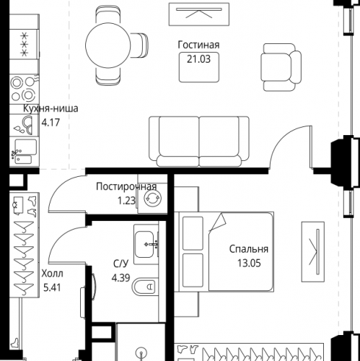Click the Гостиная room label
pyautogui.click(x=198, y=45)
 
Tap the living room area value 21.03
pyautogui.click(x=198, y=59)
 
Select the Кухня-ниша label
pyautogui.click(x=51, y=108)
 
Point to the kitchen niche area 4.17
pyautogui.click(x=51, y=123)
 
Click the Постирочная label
pyautogui.click(x=126, y=186)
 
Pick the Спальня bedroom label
pyautogui.click(x=249, y=249)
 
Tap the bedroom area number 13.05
pyautogui.click(x=249, y=263)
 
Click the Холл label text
pyautogui.click(x=52, y=274)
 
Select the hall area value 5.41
pyautogui.click(x=52, y=287)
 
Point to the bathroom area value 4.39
pyautogui.click(x=120, y=278)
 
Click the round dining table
pyautogui.click(x=108, y=45)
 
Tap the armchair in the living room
pyautogui.click(x=281, y=67)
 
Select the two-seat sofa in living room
pyautogui.click(x=199, y=142)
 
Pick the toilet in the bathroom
pyautogui.click(x=144, y=287)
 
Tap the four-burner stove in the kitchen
pyautogui.click(x=24, y=90)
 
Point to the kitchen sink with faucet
pyautogui.click(x=24, y=151)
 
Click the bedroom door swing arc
pyautogui.click(x=287, y=142)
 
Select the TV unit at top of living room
pyautogui.click(x=199, y=14)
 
